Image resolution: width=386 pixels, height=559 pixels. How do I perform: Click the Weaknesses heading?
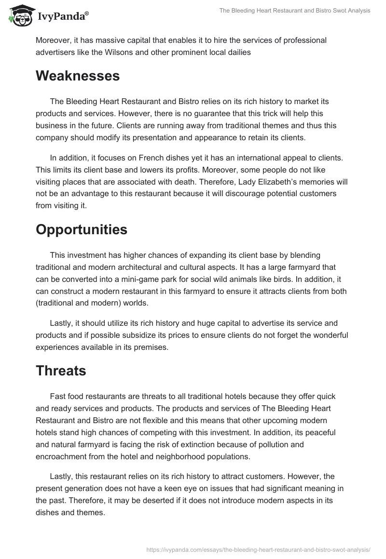[x=78, y=76]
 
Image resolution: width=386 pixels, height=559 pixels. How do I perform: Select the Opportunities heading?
[x=82, y=230]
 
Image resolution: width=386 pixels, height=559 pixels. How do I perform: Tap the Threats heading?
[x=61, y=371]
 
